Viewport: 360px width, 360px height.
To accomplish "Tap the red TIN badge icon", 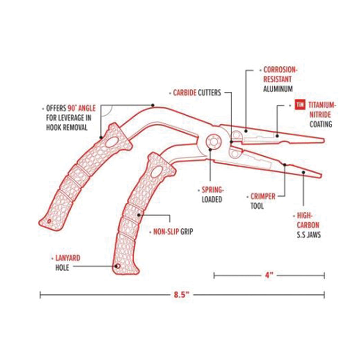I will pyautogui.click(x=300, y=105).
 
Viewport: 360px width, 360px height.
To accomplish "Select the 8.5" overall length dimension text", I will pyautogui.click(x=181, y=295).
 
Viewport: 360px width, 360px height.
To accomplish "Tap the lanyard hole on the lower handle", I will pyautogui.click(x=117, y=266).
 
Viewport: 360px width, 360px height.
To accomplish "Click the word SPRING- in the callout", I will pyautogui.click(x=212, y=190).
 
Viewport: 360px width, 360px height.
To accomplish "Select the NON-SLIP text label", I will pyautogui.click(x=164, y=232).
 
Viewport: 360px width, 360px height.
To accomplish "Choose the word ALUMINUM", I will pyautogui.click(x=278, y=89).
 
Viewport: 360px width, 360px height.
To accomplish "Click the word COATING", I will pyautogui.click(x=320, y=124).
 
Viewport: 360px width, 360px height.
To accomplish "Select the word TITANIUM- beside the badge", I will pyautogui.click(x=322, y=105).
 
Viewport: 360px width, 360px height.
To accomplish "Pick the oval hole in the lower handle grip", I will pyautogui.click(x=156, y=173).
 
